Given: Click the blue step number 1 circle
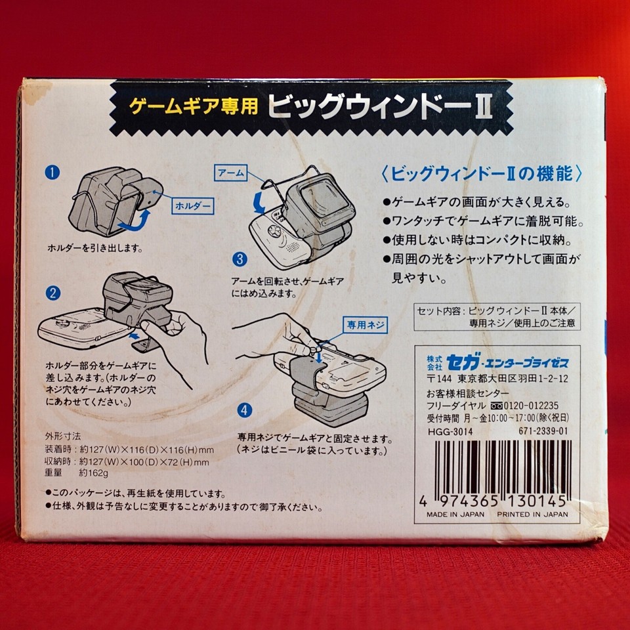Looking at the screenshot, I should (x=52, y=173).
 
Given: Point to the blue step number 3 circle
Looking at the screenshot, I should (x=240, y=259).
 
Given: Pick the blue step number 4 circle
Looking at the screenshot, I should (x=244, y=411).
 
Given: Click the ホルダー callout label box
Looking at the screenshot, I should (x=193, y=205).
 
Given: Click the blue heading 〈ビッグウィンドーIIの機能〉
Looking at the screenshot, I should (x=482, y=174).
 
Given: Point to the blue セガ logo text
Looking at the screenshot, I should (x=459, y=362).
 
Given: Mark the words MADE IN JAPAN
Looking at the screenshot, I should (x=455, y=514).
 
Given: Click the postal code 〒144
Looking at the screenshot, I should (x=436, y=379).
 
